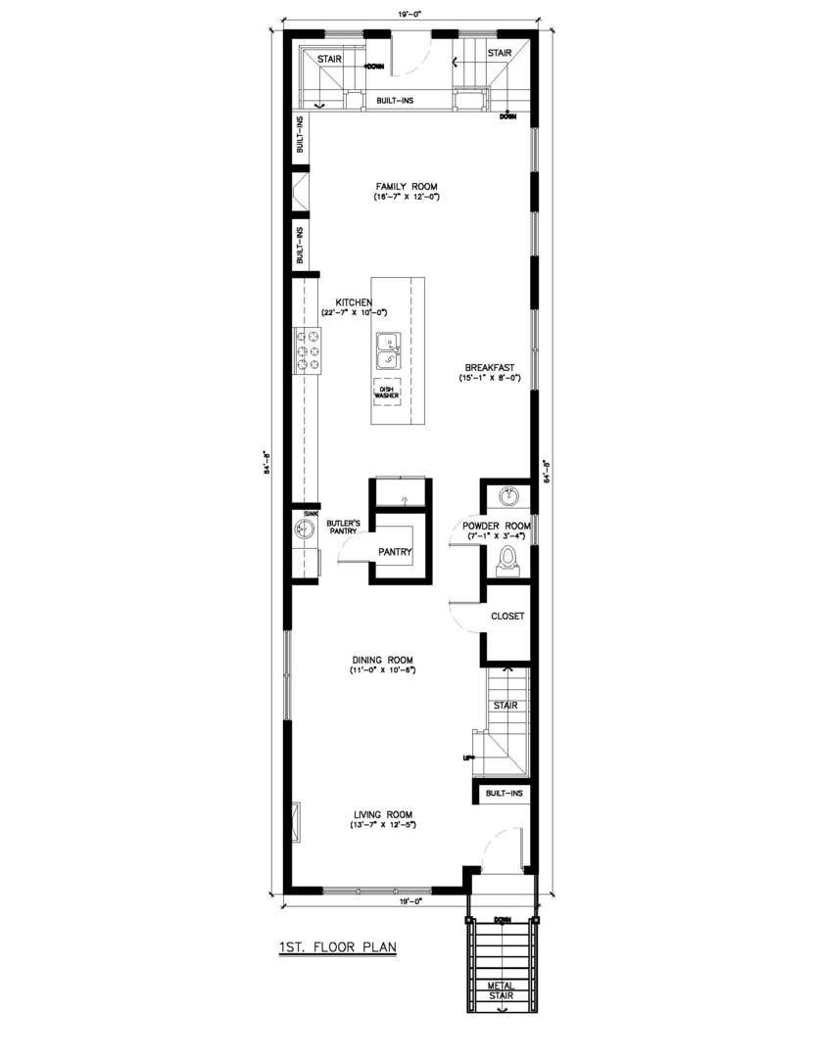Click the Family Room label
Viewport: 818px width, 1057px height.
point(407,186)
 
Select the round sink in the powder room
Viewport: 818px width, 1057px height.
point(508,497)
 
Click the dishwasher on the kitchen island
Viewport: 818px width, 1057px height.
point(387,392)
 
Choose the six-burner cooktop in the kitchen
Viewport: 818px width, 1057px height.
point(307,350)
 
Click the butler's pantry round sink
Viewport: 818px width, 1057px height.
point(304,529)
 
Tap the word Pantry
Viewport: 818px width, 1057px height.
point(395,552)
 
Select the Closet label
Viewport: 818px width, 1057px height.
point(506,617)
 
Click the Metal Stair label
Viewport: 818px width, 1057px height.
point(502,990)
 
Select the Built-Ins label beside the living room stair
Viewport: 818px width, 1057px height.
point(504,793)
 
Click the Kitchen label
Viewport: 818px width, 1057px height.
point(354,301)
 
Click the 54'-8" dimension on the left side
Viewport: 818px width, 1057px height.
point(263,459)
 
